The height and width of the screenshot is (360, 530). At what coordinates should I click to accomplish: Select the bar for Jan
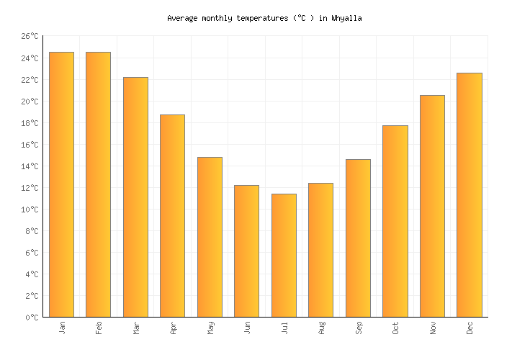pyautogui.click(x=61, y=184)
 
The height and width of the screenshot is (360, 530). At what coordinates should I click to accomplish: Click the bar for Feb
pyautogui.click(x=98, y=184)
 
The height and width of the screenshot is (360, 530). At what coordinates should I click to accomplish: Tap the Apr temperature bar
pyautogui.click(x=172, y=215)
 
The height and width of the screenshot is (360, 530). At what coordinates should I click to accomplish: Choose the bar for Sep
pyautogui.click(x=358, y=238)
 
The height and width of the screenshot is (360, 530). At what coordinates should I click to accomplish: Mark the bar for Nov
pyautogui.click(x=432, y=206)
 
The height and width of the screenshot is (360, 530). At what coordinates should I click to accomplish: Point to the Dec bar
pyautogui.click(x=469, y=194)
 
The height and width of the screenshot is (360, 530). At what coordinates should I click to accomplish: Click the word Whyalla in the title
pyautogui.click(x=347, y=18)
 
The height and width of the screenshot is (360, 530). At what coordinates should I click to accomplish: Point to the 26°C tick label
pyautogui.click(x=30, y=36)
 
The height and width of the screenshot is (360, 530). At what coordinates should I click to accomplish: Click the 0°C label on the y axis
pyautogui.click(x=32, y=317)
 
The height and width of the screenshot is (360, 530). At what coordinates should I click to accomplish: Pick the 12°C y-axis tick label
pyautogui.click(x=30, y=187)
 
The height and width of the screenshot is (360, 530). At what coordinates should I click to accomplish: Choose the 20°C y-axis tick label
pyautogui.click(x=30, y=101)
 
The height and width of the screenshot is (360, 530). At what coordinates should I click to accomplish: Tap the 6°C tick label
pyautogui.click(x=32, y=252)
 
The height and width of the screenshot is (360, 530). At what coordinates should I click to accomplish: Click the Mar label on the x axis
pyautogui.click(x=136, y=328)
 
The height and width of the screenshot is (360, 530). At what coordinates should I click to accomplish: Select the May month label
pyautogui.click(x=210, y=328)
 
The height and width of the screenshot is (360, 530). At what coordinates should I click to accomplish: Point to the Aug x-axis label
pyautogui.click(x=321, y=328)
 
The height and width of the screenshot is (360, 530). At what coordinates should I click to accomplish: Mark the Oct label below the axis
pyautogui.click(x=395, y=328)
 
